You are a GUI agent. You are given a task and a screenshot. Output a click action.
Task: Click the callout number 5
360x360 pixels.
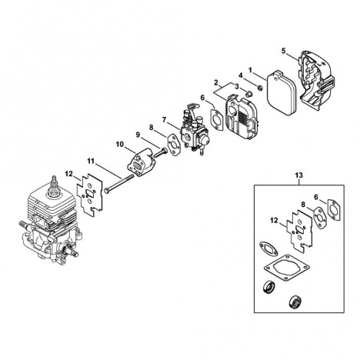pos(283,51)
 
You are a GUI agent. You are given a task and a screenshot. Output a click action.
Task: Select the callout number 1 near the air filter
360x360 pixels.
pos(250,69)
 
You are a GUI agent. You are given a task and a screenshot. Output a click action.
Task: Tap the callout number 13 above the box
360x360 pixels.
pos(299,175)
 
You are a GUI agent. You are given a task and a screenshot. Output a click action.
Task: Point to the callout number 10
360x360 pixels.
pos(119,145)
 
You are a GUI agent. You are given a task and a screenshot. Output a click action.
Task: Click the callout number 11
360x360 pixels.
pos(91,161)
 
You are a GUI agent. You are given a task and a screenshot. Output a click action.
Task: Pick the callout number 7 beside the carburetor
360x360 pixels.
pos(165,119)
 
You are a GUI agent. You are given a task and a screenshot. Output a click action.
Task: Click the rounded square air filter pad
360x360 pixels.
pos(282,94)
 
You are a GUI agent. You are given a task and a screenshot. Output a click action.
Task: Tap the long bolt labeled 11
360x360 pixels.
pos(119,183)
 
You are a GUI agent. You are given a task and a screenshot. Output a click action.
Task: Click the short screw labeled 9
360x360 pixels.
pos(160,152)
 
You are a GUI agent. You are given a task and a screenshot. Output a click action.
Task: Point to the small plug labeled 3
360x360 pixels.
pos(248,93)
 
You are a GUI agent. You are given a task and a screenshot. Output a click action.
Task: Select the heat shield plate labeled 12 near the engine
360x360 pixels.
pos(89,192)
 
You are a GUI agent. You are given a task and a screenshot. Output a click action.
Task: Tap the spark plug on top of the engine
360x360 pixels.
pos(55,187)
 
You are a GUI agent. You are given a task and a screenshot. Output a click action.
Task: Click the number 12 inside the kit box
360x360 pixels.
pos(274,220)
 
